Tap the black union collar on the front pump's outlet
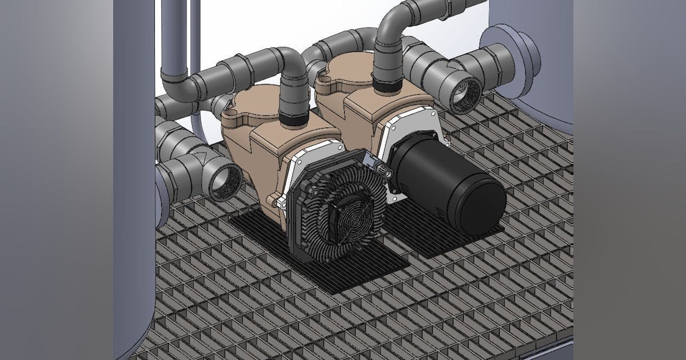(x=295, y=121)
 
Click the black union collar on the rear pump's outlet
(x=388, y=86)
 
